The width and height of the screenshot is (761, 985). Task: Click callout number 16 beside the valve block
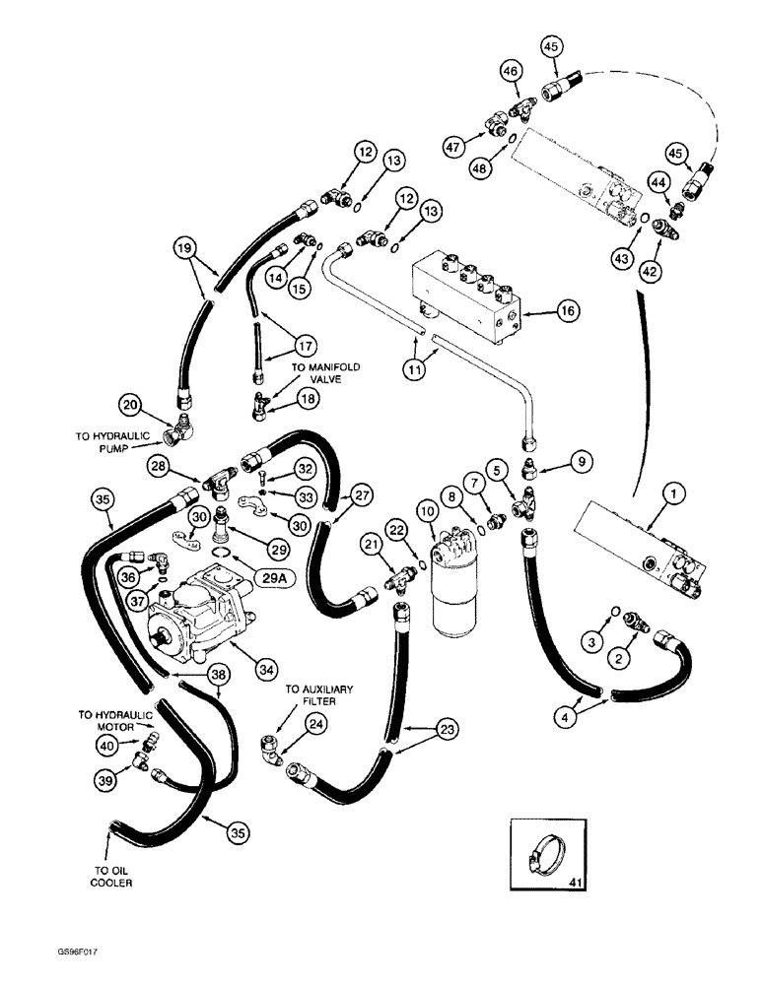point(538,312)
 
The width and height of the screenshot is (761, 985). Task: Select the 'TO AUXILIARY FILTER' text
point(318,696)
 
